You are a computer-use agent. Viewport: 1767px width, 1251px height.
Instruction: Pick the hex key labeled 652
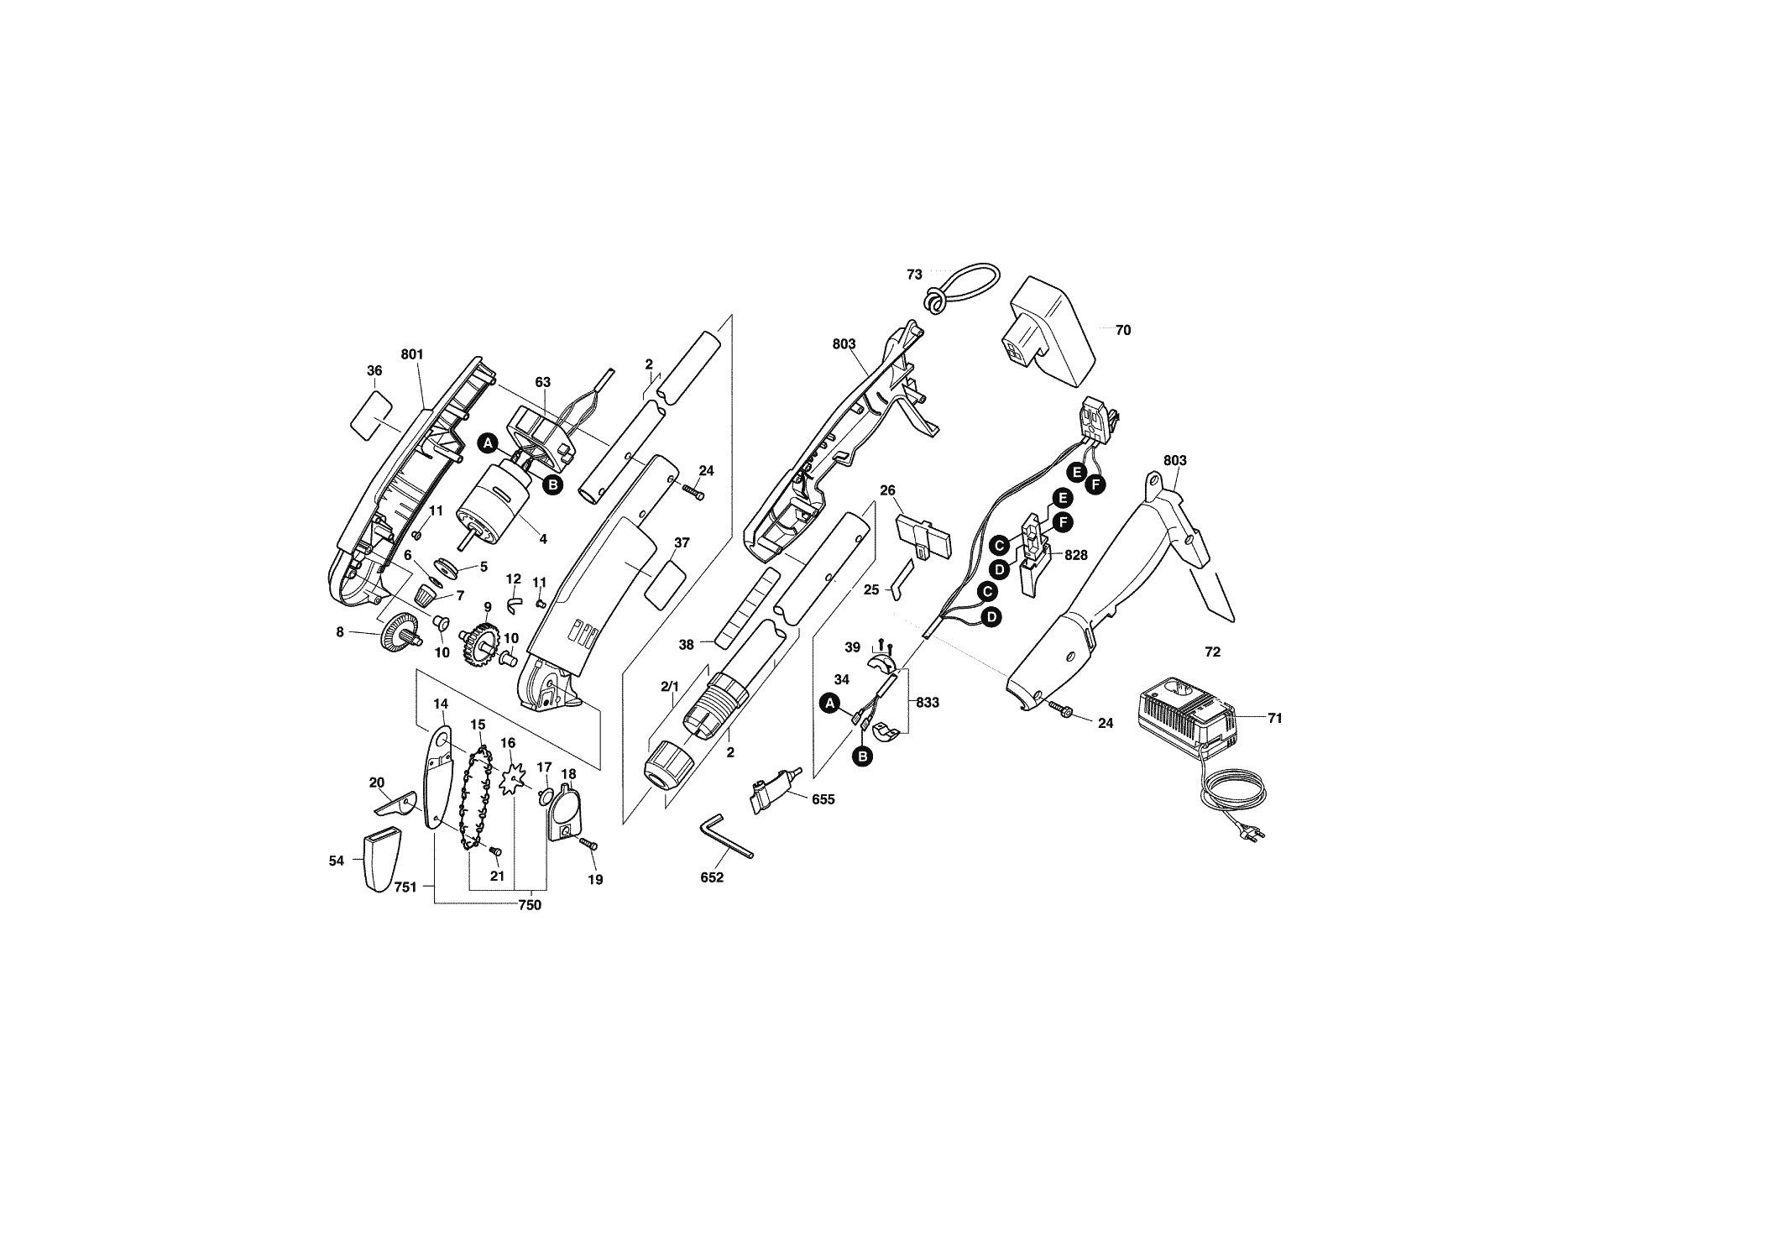pyautogui.click(x=727, y=835)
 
